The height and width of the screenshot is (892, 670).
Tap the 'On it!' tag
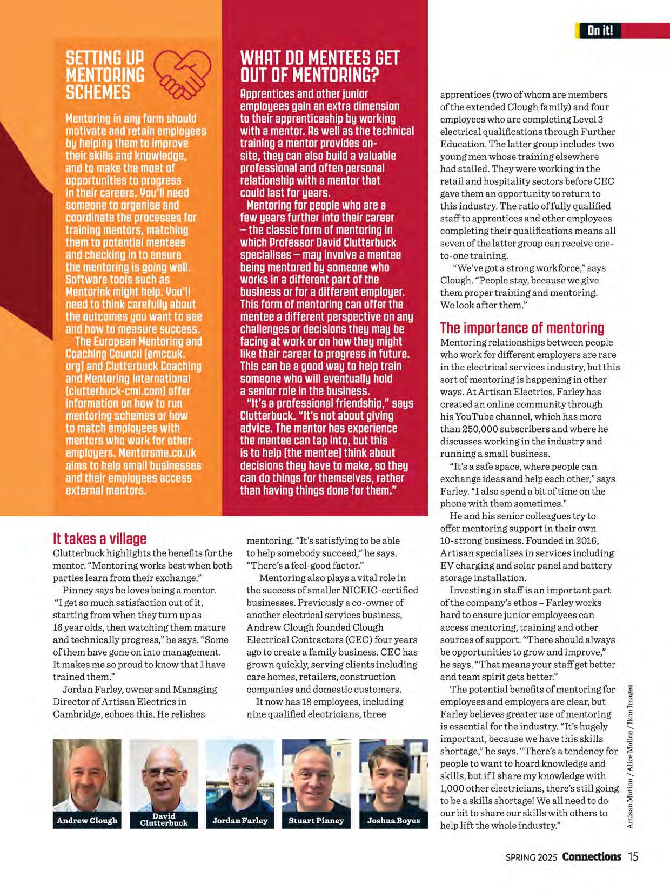click(x=600, y=30)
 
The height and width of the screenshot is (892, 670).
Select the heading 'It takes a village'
click(x=99, y=539)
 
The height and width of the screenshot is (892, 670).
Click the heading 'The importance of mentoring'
click(x=522, y=328)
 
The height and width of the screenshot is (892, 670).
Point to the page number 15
click(x=633, y=856)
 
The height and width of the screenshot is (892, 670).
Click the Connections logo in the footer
click(x=591, y=856)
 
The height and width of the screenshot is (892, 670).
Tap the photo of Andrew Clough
click(x=87, y=775)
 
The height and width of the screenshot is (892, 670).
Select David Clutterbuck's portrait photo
click(x=164, y=775)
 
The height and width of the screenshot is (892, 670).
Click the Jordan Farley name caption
click(x=240, y=821)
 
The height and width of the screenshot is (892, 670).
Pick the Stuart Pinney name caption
click(x=316, y=821)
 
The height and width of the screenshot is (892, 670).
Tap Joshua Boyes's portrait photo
click(x=393, y=775)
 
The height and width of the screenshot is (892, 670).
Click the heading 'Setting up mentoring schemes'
click(x=105, y=75)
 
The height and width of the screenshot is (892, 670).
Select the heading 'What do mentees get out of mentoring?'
click(x=320, y=66)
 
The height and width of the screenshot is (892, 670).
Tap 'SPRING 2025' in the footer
click(x=532, y=857)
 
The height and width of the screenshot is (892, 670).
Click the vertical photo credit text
click(x=630, y=756)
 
